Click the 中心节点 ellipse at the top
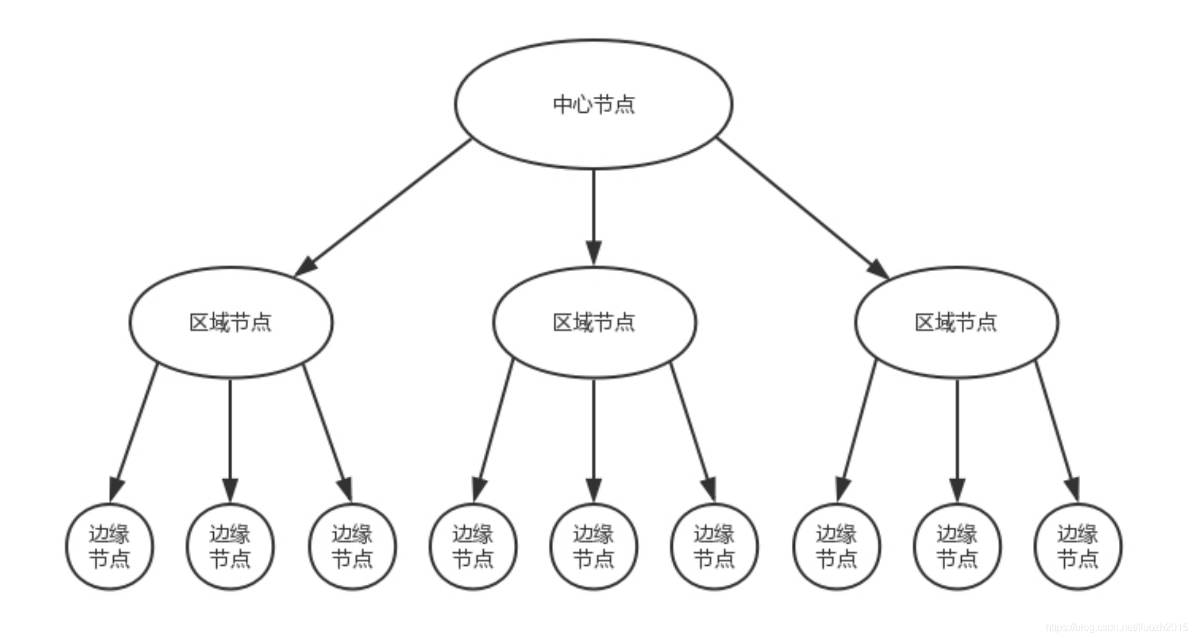(593, 104)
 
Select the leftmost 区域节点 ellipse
(230, 322)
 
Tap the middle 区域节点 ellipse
(594, 322)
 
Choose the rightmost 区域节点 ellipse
(956, 322)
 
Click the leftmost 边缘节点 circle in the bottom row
(109, 547)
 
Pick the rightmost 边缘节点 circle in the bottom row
(1078, 547)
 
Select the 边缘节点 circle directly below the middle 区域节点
(593, 547)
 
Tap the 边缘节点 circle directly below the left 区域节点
(230, 547)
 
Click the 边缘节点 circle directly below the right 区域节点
(957, 547)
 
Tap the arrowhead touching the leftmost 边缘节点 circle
(116, 489)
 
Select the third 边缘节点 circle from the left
(352, 547)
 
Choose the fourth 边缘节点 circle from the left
(473, 547)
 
